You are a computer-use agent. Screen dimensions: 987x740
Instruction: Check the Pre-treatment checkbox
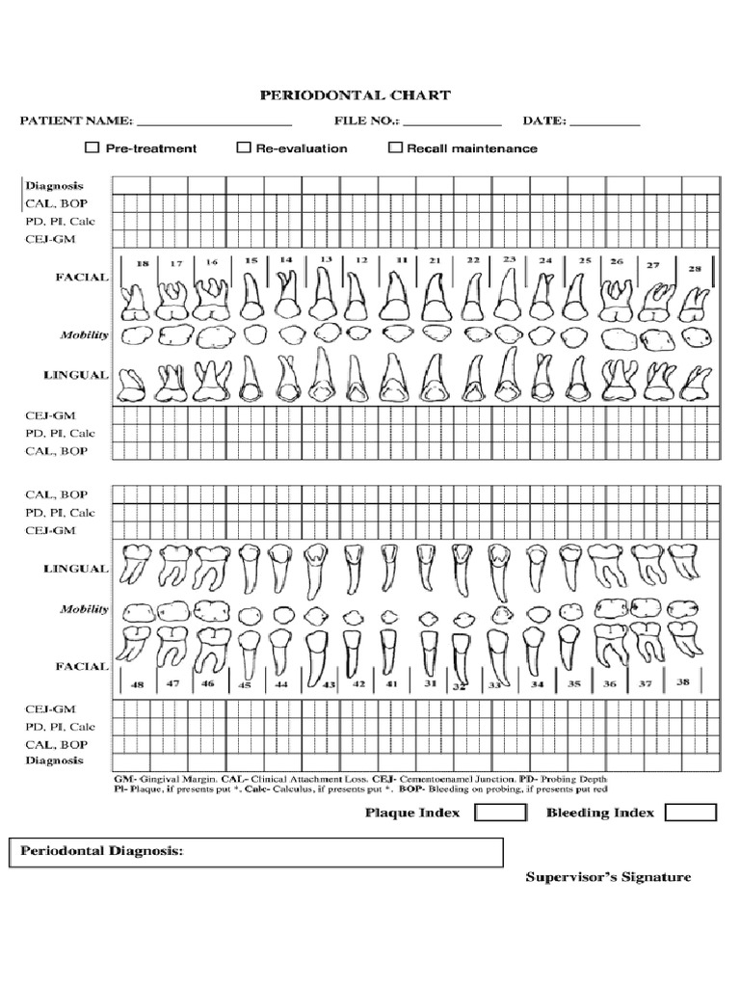[92, 147]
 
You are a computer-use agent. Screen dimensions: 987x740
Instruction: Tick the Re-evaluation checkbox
[243, 147]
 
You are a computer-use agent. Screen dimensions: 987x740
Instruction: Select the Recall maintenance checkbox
[394, 147]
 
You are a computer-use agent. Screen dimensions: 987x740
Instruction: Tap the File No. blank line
[452, 122]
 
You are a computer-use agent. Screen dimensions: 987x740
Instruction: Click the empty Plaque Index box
[501, 813]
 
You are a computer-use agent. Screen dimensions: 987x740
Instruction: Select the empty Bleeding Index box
[691, 813]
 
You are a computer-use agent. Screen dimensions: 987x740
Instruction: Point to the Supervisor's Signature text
[608, 877]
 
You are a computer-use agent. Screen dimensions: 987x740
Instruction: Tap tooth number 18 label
[142, 263]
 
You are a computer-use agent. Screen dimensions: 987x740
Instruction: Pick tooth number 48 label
[138, 683]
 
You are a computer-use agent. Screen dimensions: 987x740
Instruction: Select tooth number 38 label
[683, 680]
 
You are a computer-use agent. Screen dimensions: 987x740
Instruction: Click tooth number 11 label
[400, 260]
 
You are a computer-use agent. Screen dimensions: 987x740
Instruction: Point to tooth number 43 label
[329, 684]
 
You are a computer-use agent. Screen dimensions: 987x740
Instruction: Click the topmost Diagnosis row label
[55, 185]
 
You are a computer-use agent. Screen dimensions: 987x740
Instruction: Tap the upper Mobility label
[85, 335]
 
